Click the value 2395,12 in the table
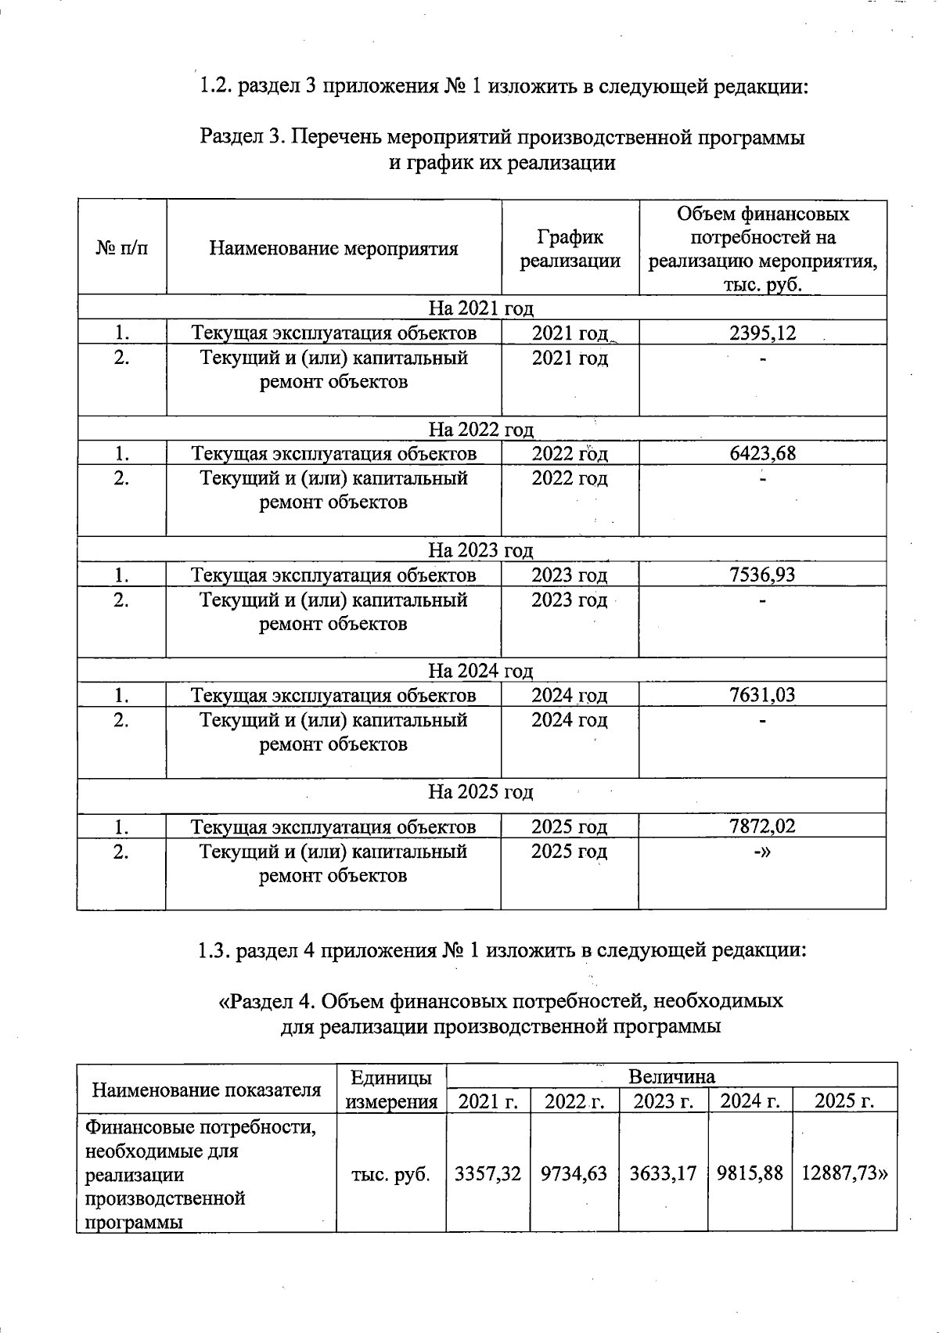(x=762, y=333)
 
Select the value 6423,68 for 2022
(x=762, y=453)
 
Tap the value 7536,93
(x=762, y=575)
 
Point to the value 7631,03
(x=762, y=695)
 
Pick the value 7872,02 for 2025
(x=762, y=827)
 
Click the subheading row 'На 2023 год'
(x=480, y=550)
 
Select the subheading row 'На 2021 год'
(x=480, y=308)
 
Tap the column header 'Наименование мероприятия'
(x=333, y=249)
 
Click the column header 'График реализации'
(x=570, y=249)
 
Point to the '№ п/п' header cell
(x=121, y=249)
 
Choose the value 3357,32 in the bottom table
(x=487, y=1173)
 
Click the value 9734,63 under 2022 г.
(x=574, y=1173)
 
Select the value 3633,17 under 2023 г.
(x=664, y=1173)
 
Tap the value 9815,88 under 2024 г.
(x=750, y=1173)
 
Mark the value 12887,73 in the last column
(x=844, y=1173)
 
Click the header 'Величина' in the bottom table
(x=671, y=1076)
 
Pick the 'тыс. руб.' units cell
(x=390, y=1174)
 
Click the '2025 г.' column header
(x=844, y=1101)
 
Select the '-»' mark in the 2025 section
(x=762, y=852)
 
